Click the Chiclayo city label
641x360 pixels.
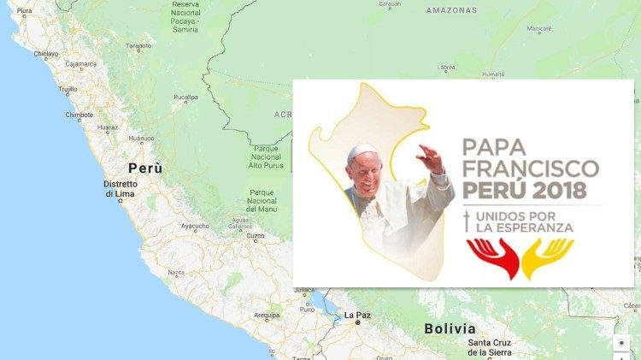[x=45, y=54]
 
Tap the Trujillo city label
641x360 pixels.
[x=68, y=89]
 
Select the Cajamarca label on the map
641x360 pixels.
[x=81, y=63]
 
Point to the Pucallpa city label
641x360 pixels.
[x=185, y=97]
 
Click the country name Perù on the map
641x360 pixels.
[x=144, y=168]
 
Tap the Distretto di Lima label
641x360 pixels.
[x=121, y=189]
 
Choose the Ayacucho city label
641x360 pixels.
[x=195, y=226]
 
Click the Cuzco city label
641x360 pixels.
[x=255, y=235]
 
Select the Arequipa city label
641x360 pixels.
[x=267, y=315]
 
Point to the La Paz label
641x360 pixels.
[x=356, y=315]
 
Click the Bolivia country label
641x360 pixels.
[x=449, y=328]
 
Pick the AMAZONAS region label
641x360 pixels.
[x=450, y=10]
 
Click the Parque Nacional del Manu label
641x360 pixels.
[x=261, y=200]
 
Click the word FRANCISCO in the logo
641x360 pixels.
[x=530, y=167]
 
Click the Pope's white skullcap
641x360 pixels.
[x=362, y=150]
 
